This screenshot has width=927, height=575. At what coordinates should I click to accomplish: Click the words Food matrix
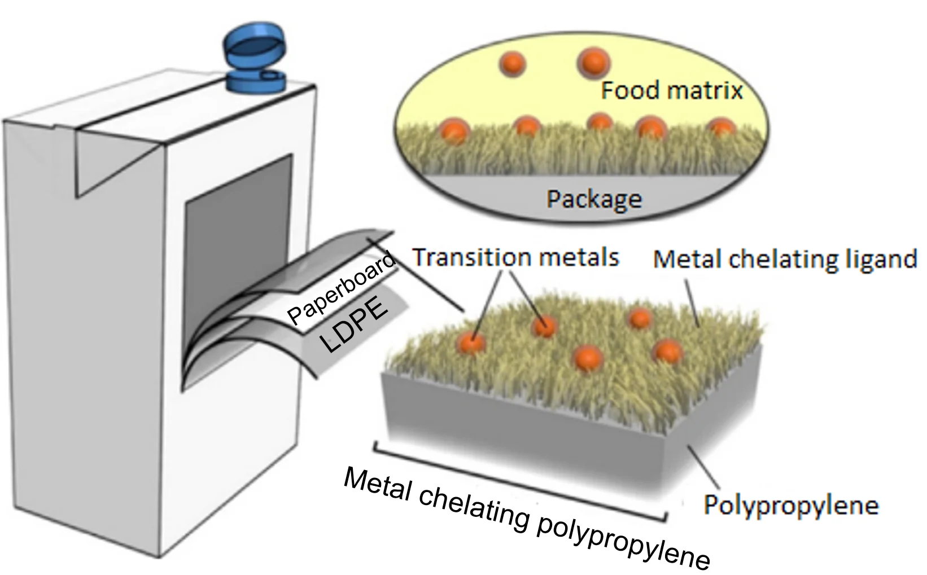(671, 90)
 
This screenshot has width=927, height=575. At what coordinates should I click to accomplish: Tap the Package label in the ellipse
(594, 199)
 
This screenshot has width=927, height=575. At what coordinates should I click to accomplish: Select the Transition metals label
(516, 257)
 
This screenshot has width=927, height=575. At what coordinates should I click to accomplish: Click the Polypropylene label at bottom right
(790, 504)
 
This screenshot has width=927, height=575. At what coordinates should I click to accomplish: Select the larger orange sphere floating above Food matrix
(593, 62)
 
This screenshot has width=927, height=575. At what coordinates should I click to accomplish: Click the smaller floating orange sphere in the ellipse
(513, 63)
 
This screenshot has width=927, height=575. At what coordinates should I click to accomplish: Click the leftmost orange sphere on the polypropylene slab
(471, 341)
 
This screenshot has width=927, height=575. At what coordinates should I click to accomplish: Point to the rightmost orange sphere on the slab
(667, 351)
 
